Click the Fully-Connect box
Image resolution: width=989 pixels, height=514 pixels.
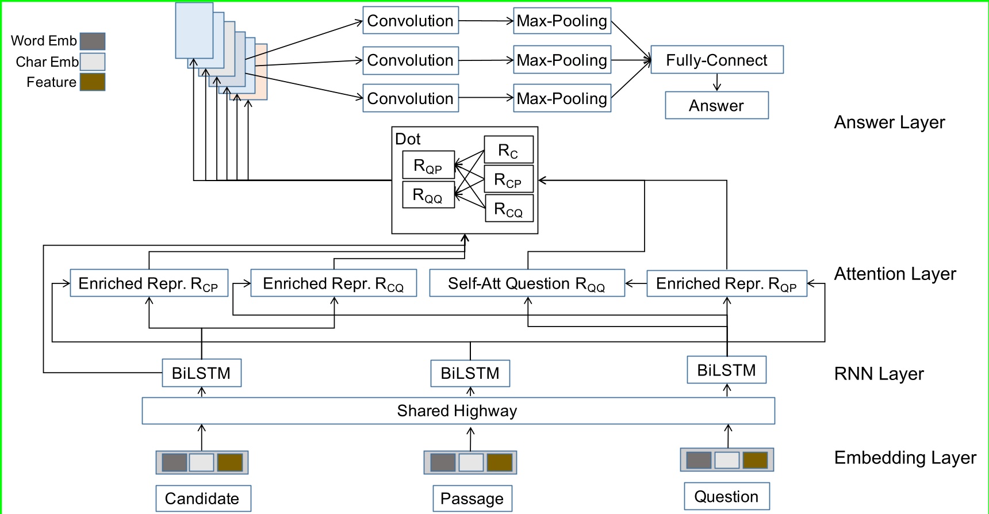[x=716, y=60]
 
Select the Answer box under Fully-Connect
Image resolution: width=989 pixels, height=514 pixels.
[x=716, y=105]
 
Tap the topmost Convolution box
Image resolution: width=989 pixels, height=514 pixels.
[x=411, y=21]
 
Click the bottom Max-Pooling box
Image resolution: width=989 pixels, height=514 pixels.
[x=562, y=98]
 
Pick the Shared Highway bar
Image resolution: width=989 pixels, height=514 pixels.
[x=458, y=411]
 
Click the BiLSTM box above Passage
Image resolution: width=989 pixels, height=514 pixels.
[x=470, y=373]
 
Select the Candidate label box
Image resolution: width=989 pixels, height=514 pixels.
[x=202, y=498]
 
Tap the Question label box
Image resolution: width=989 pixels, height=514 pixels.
[x=726, y=496]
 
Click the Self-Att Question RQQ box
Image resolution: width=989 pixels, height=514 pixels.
[x=527, y=283]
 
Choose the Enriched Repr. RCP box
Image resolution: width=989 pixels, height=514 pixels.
[x=148, y=283]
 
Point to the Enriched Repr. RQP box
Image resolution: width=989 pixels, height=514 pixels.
[x=726, y=283]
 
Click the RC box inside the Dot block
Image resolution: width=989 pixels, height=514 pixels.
[x=508, y=150]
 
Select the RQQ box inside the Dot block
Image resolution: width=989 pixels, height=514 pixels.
[x=428, y=195]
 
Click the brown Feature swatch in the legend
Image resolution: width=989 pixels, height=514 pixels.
[x=92, y=82]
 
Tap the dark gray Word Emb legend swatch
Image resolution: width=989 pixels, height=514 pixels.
[x=92, y=41]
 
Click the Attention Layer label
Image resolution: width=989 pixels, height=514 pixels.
[x=895, y=274]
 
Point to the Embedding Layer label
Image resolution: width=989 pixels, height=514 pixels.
[x=905, y=458]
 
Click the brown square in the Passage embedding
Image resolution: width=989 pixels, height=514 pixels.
[x=499, y=462]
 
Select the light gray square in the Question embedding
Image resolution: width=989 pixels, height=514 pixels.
[x=726, y=460]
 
